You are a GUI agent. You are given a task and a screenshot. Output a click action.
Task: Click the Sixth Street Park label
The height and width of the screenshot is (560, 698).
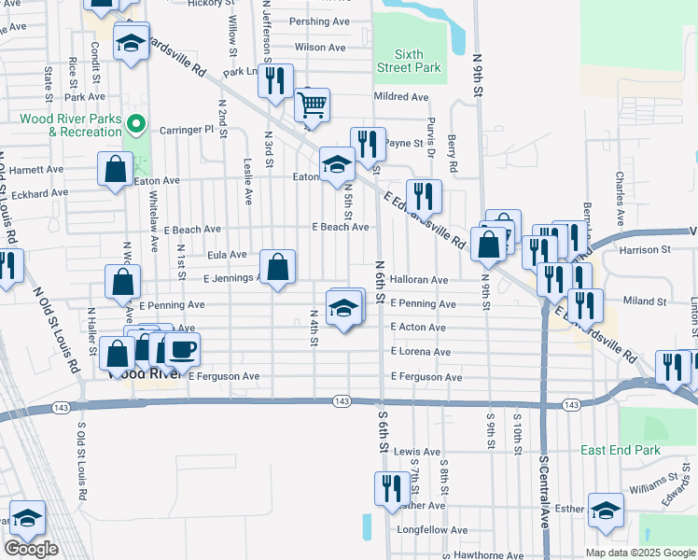pos(409,61)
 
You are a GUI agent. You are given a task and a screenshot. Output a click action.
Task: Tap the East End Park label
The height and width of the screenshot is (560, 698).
pos(620,450)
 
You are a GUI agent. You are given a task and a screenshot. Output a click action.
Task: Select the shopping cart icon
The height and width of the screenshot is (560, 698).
pos(313,104)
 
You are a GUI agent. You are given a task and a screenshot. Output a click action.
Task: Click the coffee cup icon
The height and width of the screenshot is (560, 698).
pos(181,349)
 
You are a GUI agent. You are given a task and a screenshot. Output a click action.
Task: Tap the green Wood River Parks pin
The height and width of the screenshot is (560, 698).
pos(136,123)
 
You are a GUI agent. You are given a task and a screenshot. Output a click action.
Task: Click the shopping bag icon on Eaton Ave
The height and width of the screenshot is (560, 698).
pos(116,170)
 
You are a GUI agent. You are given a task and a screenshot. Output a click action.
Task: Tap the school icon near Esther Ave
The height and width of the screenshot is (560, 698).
pos(606,511)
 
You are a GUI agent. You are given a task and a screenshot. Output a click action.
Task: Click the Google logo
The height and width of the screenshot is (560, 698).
pos(31,549)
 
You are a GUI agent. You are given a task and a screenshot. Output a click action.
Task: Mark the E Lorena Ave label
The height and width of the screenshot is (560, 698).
pos(421,352)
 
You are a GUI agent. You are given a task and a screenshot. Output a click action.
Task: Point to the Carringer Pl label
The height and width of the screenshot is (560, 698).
pos(187,130)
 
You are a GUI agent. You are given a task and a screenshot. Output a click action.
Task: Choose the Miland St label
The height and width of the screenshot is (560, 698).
pos(644,301)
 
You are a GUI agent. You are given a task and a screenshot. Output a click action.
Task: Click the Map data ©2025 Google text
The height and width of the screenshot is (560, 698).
pos(640,553)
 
